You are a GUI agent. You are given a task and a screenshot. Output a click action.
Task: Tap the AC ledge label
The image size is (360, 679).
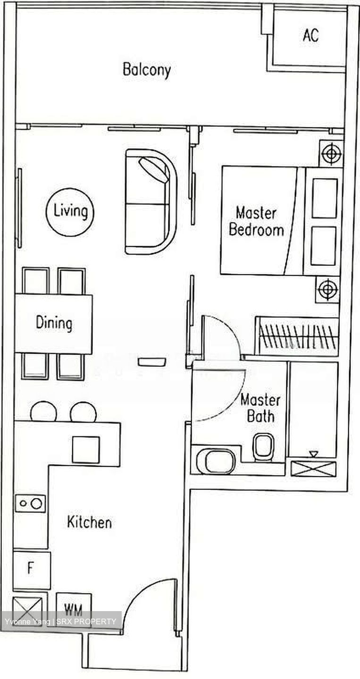311,35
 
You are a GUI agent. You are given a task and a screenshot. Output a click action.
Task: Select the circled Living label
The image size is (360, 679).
70,211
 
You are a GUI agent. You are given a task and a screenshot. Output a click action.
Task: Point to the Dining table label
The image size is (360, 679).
54,323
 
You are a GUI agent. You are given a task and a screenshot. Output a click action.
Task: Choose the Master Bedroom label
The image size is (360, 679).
256,221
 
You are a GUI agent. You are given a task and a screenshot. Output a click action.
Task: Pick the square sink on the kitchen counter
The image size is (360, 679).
86,450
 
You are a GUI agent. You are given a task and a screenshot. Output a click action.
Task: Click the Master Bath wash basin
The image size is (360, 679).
216,461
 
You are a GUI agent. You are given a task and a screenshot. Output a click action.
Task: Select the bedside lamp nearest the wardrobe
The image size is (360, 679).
327,290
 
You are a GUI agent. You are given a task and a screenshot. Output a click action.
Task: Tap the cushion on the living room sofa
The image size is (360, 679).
154,169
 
